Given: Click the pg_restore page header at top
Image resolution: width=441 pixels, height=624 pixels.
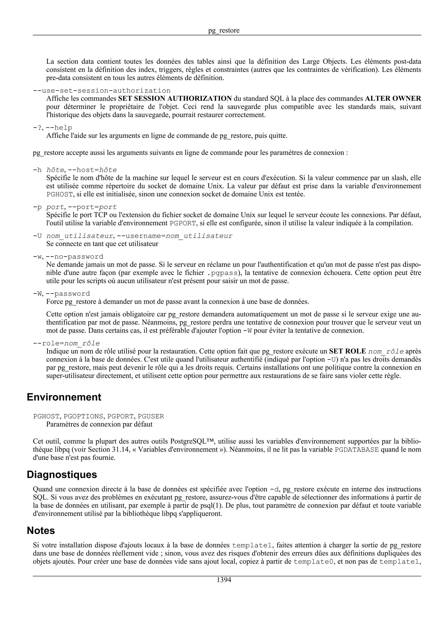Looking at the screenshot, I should point(224,30).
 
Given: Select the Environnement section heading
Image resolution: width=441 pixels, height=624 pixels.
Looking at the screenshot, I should point(64,397).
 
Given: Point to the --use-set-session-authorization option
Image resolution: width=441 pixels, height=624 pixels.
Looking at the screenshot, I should point(102,90).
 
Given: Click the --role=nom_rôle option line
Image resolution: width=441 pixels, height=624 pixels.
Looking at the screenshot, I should point(66,343).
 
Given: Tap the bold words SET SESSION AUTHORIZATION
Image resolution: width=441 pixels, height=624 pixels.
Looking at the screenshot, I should point(175,98).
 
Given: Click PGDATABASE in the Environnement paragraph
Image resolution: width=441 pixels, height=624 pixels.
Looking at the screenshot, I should point(357,450).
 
